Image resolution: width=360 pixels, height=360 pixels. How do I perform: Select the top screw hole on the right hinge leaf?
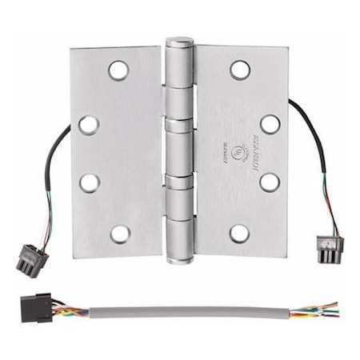coord(239,69)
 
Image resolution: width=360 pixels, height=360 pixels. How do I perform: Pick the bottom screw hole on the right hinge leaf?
coord(239,234)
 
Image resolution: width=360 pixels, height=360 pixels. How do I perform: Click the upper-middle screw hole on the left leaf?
coord(89,124)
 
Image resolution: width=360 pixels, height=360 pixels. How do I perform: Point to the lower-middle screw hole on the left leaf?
coord(89,182)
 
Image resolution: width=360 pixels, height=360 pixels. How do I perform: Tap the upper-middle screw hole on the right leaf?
coord(270,124)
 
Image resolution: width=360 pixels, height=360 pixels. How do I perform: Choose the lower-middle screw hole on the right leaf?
coord(270,182)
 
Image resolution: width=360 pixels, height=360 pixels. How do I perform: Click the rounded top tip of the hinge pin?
coord(179,40)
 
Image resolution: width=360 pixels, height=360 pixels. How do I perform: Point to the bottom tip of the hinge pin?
coord(179,260)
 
